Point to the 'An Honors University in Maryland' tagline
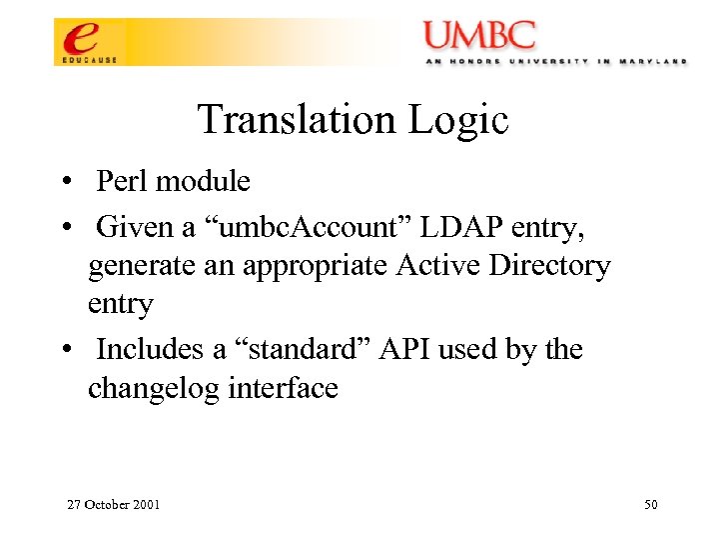pyautogui.click(x=555, y=61)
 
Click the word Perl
pyautogui.click(x=121, y=181)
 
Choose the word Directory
pyautogui.click(x=554, y=266)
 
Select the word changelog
pyautogui.click(x=155, y=388)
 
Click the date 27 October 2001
pyautogui.click(x=113, y=504)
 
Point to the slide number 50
pyautogui.click(x=650, y=504)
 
